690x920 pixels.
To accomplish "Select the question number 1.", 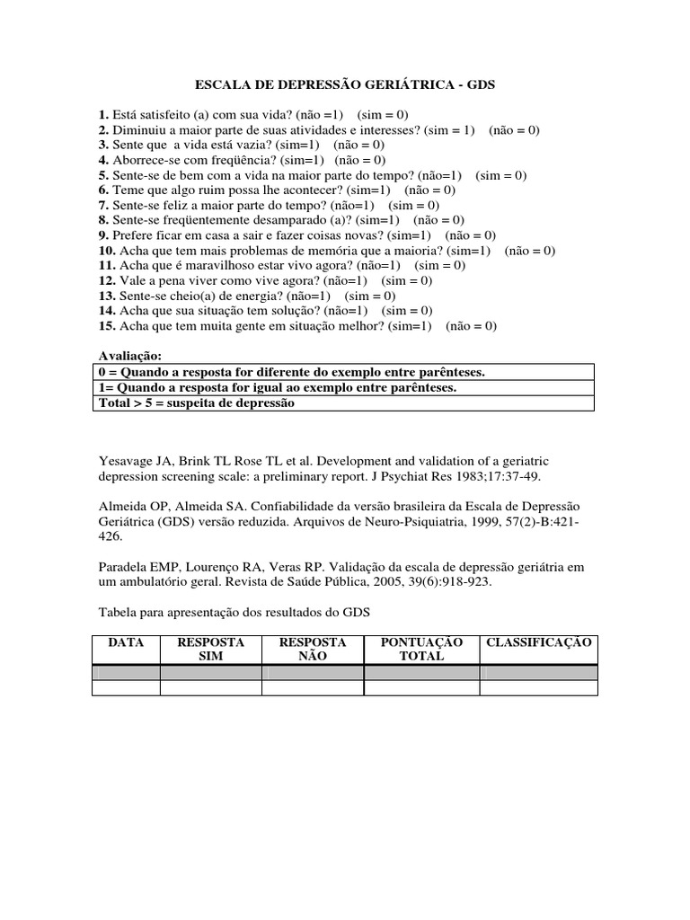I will tap(103, 115).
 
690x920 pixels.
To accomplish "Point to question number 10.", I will tap(107, 251).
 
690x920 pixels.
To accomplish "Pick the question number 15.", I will tap(107, 326).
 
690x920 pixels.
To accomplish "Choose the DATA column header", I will tap(126, 642).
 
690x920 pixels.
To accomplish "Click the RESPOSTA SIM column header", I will tap(211, 650).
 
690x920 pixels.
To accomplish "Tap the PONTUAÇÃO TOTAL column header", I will tap(421, 650).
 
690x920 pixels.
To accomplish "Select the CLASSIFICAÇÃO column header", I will tap(538, 642).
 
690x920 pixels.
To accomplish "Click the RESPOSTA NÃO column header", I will tap(313, 650).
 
